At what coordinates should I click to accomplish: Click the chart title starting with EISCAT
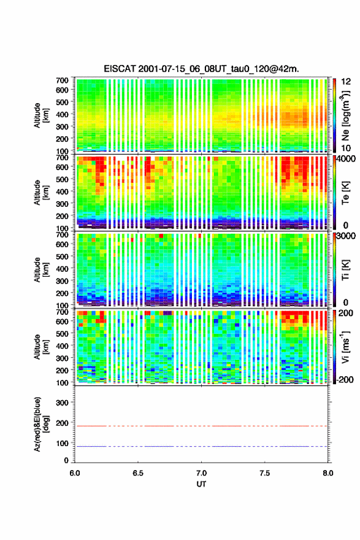(x=201, y=69)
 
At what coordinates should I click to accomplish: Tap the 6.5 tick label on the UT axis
(x=138, y=473)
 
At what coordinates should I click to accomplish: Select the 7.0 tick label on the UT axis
(x=201, y=473)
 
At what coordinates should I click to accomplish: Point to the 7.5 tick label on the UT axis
(x=265, y=473)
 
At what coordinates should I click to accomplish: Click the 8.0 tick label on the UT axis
(x=327, y=473)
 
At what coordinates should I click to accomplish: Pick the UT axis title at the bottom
(x=201, y=484)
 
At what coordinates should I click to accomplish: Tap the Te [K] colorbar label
(x=345, y=193)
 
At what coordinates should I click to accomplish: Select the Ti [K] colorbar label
(x=345, y=270)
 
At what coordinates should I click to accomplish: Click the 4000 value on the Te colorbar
(x=347, y=159)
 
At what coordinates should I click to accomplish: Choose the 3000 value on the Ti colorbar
(x=347, y=236)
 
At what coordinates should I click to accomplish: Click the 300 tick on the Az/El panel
(x=63, y=403)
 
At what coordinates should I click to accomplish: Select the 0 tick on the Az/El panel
(x=66, y=460)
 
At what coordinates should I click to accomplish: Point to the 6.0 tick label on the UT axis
(x=75, y=473)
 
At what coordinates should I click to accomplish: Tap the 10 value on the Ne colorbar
(x=345, y=148)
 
